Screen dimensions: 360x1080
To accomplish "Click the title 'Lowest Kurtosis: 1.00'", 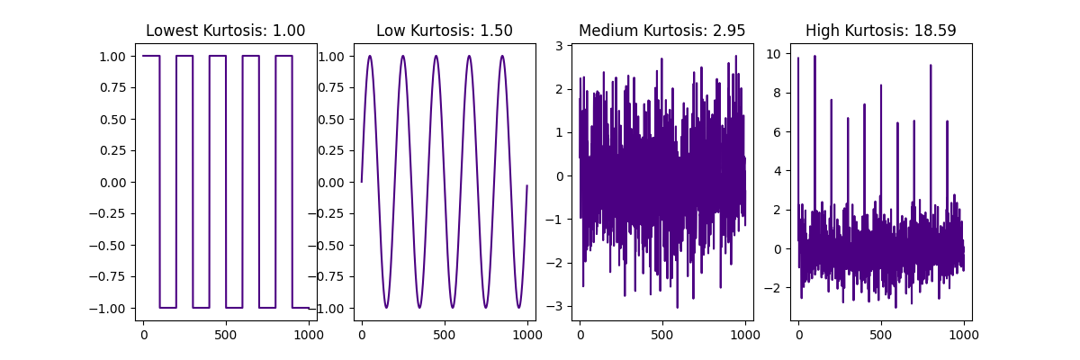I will [226, 31].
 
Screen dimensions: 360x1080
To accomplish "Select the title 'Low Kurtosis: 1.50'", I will [445, 31].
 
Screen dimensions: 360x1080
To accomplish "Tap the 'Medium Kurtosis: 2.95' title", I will [662, 31].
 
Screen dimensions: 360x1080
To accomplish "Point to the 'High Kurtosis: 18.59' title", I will [881, 31].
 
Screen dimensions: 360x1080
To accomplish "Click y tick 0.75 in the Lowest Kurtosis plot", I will [117, 87].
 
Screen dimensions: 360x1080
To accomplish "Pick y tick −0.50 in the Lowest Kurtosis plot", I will [113, 245].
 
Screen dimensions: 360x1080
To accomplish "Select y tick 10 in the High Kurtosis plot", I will [773, 53].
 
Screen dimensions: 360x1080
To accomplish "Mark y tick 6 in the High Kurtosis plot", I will [777, 131].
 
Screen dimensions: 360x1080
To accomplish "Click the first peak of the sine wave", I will [370, 56].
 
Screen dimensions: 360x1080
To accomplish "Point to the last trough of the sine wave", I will [519, 308].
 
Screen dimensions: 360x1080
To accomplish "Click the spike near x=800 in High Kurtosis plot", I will [931, 65].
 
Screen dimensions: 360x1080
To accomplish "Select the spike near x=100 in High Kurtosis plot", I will [814, 56].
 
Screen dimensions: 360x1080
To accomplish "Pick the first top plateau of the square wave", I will [151, 56].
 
